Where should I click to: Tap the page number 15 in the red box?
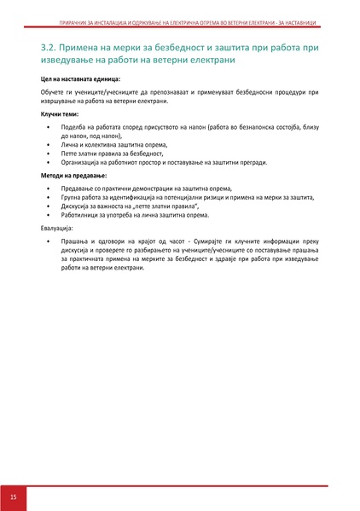point(13,496)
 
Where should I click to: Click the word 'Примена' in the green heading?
point(84,47)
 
